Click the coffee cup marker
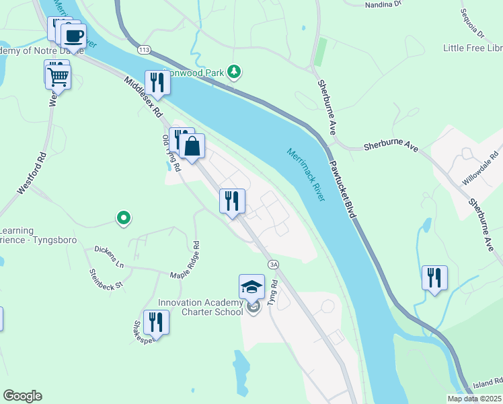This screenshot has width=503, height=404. (x=73, y=36)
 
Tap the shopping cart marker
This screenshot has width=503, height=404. (x=59, y=77)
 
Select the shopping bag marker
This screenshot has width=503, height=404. (x=192, y=146)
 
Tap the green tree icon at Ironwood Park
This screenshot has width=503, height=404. (x=234, y=71)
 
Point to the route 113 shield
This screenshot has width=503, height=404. (x=143, y=50)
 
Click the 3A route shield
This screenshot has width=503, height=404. (x=273, y=265)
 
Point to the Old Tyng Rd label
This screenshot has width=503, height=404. (x=170, y=153)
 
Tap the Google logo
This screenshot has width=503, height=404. (x=22, y=396)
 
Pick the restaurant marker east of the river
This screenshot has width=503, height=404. (x=434, y=277)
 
